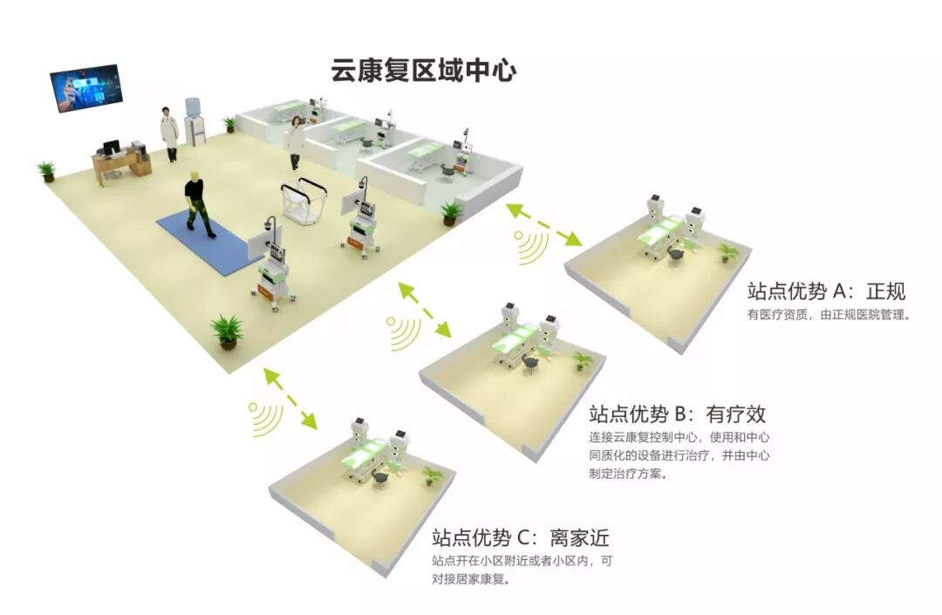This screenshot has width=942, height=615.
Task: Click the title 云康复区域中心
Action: pos(423,71)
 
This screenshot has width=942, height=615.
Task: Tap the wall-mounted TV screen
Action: pos(85,87)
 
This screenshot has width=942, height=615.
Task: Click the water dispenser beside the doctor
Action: pos(196,122)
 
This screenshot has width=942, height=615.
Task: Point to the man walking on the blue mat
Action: pos(198,199)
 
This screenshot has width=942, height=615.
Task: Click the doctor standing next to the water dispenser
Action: pos(169,133)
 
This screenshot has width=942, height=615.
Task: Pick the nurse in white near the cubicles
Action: pos(297,141)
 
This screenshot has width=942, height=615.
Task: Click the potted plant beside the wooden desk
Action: pos(47,170)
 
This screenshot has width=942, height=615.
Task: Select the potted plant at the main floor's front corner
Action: pos(227,331)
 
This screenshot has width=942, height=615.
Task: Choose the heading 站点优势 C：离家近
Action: pos(518,536)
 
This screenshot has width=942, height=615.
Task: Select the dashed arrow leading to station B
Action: pos(425,309)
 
